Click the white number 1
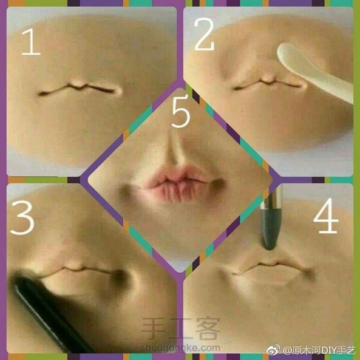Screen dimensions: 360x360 pos(31,41)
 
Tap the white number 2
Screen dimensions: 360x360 pos(204,34)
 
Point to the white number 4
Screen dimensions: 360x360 pos(325,216)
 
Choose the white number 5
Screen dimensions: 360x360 pos(181,111)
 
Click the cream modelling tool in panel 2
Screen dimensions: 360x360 pos(314,71)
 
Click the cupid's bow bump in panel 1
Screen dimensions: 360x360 pos(78,84)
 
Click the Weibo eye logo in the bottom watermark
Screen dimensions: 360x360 pos(273,350)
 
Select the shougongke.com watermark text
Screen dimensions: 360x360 pos(180,348)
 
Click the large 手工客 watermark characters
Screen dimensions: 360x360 pos(180,329)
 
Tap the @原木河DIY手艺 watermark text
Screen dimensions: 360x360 pos(319,350)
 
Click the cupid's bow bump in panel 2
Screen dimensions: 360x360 pos(268,78)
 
